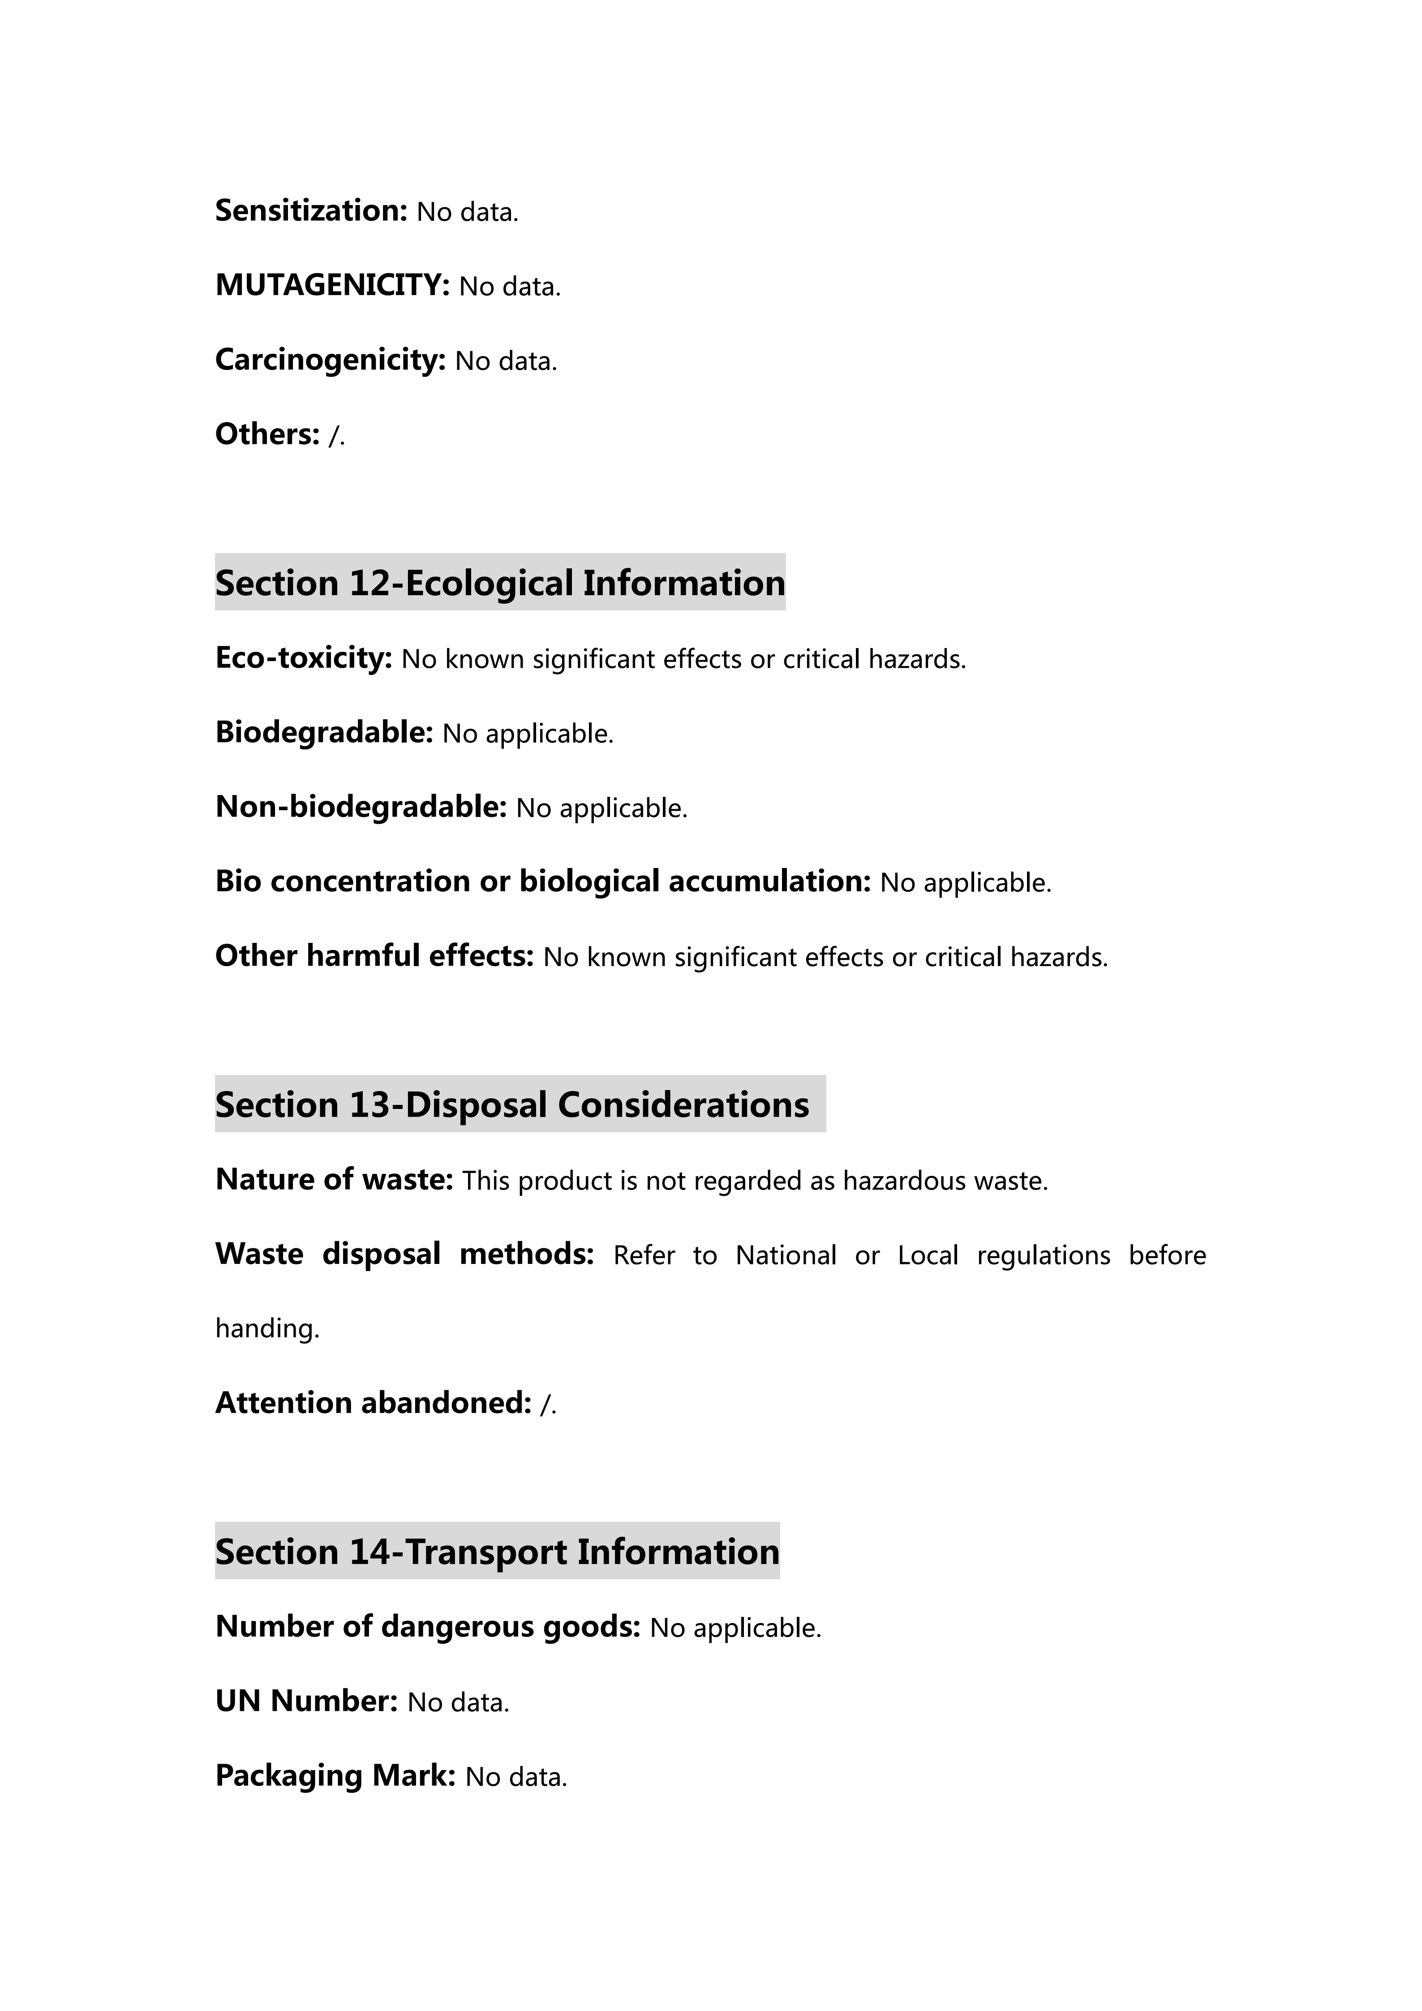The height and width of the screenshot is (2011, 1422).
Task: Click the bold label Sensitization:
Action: (x=311, y=211)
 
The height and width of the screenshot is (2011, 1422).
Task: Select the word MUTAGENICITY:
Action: (x=332, y=286)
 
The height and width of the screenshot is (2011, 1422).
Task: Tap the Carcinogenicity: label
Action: (x=330, y=360)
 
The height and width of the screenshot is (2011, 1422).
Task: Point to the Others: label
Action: (x=267, y=434)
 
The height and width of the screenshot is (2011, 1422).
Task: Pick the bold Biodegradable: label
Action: (x=324, y=732)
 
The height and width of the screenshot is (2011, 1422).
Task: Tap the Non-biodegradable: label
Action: (x=361, y=807)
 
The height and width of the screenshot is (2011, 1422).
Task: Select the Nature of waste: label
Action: (x=334, y=1180)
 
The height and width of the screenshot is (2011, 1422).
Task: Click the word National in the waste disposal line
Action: (x=786, y=1255)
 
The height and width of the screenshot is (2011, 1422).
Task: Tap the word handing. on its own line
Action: (x=267, y=1329)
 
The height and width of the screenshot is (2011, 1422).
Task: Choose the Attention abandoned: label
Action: (x=373, y=1403)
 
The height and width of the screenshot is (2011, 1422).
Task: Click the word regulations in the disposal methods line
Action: (x=1043, y=1255)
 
